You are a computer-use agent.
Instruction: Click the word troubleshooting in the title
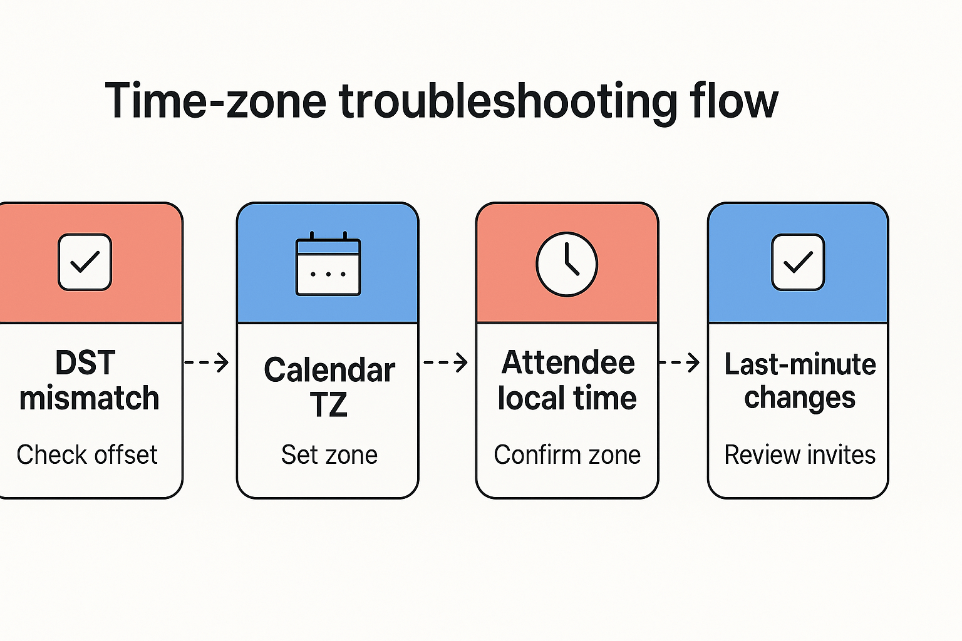click(508, 101)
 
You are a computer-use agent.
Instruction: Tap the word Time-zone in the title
click(215, 101)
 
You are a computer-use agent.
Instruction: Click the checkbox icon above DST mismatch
click(85, 262)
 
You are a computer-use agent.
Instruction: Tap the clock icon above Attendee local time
click(567, 264)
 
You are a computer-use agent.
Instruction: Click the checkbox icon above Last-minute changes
click(798, 262)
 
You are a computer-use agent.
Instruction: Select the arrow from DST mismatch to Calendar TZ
click(207, 362)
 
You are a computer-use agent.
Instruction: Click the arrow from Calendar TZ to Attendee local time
click(446, 362)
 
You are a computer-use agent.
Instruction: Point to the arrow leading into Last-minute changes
click(681, 362)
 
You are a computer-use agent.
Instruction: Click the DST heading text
click(85, 363)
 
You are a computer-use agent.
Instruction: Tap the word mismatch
click(90, 399)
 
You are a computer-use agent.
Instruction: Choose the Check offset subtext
click(87, 455)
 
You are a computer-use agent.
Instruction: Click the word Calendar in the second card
click(329, 370)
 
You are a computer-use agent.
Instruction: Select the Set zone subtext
click(329, 455)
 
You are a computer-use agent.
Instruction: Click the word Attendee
click(568, 363)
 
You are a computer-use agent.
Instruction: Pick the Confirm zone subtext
click(567, 455)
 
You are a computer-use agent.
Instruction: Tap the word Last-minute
click(800, 364)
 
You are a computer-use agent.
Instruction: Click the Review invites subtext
click(800, 455)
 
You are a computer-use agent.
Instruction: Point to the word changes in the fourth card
click(800, 398)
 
